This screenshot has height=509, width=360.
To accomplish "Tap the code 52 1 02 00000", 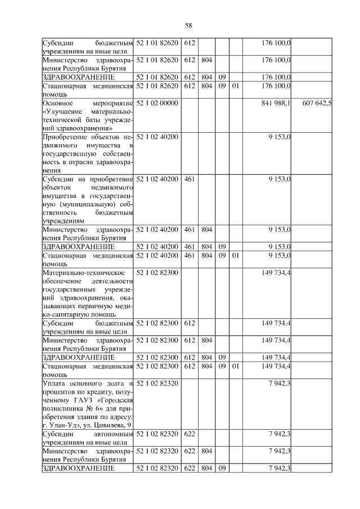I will point(157,103).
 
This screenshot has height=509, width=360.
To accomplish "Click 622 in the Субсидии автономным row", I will point(190,434).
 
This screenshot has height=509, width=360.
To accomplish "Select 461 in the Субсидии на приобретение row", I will point(190,179).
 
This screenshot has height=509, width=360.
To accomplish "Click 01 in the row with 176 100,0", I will point(236,85).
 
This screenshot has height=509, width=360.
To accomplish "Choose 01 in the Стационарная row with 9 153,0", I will point(236,255).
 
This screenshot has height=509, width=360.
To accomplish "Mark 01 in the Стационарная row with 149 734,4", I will point(236,367).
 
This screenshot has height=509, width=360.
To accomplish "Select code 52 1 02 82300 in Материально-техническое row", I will point(157,273).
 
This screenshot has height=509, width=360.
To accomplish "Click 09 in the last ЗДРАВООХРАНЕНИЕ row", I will point(222,468).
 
